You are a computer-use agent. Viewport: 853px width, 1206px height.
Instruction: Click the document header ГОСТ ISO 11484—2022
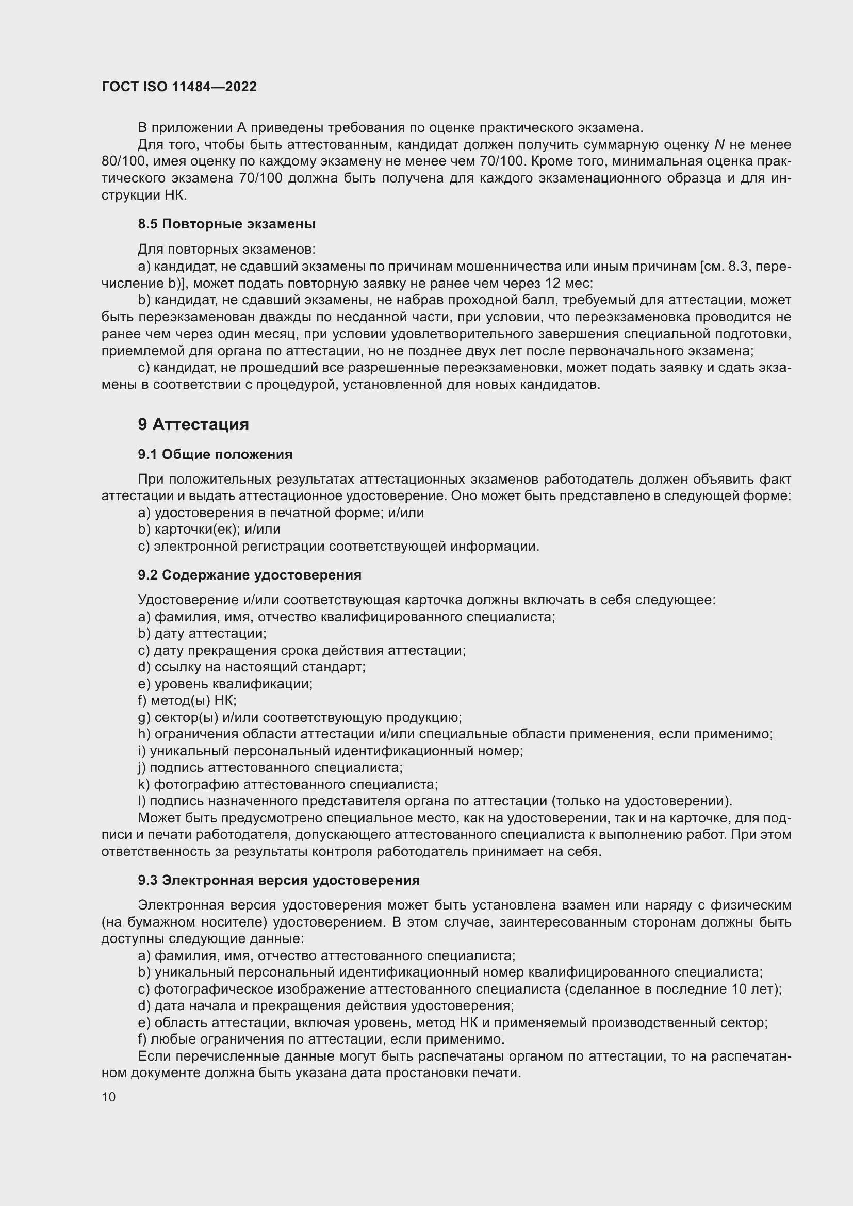pyautogui.click(x=179, y=87)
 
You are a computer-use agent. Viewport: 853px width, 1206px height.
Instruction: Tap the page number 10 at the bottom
pyautogui.click(x=109, y=1097)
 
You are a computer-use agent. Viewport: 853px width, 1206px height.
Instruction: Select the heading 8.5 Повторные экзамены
pyautogui.click(x=226, y=224)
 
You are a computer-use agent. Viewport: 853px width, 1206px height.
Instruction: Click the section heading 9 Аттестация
pyautogui.click(x=193, y=424)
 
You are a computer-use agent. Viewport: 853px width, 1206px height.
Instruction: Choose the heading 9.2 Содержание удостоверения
pyautogui.click(x=250, y=575)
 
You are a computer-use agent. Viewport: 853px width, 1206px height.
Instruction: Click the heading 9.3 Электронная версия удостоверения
pyautogui.click(x=278, y=880)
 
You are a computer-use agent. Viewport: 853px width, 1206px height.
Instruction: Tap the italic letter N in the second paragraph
pyautogui.click(x=719, y=145)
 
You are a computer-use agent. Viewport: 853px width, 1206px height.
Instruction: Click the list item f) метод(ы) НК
pyautogui.click(x=187, y=700)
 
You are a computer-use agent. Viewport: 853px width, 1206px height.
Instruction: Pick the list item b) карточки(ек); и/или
pyautogui.click(x=209, y=530)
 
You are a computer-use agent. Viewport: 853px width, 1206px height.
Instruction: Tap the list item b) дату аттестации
pyautogui.click(x=202, y=634)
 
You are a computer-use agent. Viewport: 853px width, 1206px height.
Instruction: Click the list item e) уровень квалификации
pyautogui.click(x=225, y=684)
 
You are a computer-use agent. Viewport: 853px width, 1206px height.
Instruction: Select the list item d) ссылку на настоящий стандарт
pyautogui.click(x=252, y=667)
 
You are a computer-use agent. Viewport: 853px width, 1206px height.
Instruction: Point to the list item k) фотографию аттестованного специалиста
pyautogui.click(x=288, y=784)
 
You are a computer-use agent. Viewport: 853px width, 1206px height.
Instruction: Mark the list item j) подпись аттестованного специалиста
pyautogui.click(x=270, y=767)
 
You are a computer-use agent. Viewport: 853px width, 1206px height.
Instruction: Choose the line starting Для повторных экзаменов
pyautogui.click(x=226, y=250)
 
